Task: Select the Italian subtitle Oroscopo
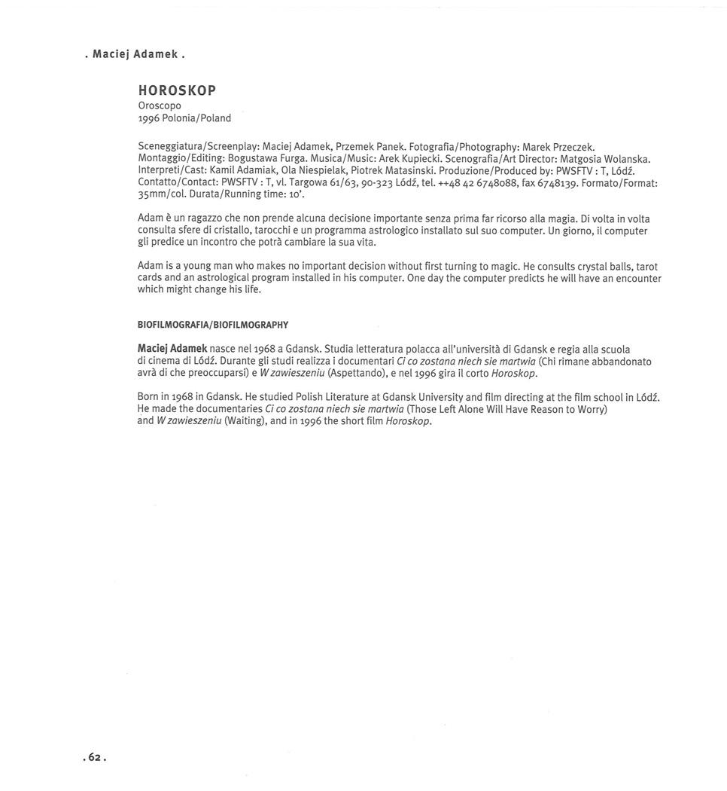click(160, 105)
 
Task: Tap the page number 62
click(94, 757)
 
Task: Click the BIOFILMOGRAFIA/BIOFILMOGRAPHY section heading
click(213, 325)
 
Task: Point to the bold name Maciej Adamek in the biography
click(172, 349)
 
